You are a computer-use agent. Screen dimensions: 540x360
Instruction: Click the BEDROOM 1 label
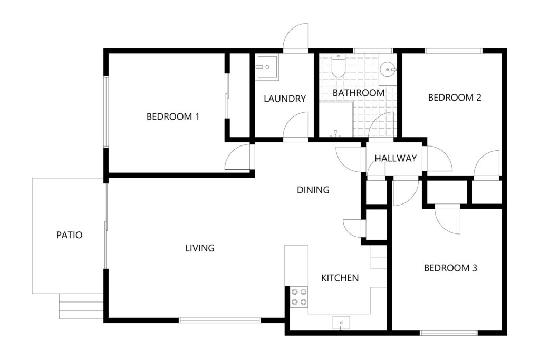coord(173,116)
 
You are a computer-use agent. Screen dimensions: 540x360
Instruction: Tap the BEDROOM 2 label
coord(454,98)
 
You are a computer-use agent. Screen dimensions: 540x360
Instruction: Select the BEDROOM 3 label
coord(450,268)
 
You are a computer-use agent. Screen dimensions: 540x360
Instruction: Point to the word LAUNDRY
coord(285,99)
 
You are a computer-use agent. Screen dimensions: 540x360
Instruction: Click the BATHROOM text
coord(359,93)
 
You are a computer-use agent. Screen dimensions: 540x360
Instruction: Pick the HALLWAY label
coord(396,158)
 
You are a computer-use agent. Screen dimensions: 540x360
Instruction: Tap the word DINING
coord(313,190)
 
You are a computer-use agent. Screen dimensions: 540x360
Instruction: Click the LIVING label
coord(200,248)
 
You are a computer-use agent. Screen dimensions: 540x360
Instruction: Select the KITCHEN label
coord(340,278)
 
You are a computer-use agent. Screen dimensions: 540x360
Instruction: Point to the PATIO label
coord(70,236)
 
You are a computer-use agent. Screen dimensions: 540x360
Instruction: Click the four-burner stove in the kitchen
coord(299,297)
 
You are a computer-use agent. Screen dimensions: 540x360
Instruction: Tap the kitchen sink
coord(341,323)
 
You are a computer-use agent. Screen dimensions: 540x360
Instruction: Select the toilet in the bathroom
coord(338,65)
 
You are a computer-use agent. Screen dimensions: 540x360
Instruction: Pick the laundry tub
coord(267,67)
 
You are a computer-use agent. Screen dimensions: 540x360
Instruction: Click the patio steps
coord(81,306)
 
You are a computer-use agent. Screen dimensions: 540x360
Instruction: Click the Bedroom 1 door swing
coord(238,157)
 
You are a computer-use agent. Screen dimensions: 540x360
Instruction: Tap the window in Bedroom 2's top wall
coord(453,51)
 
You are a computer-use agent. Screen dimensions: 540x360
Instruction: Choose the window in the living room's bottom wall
coord(220,320)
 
